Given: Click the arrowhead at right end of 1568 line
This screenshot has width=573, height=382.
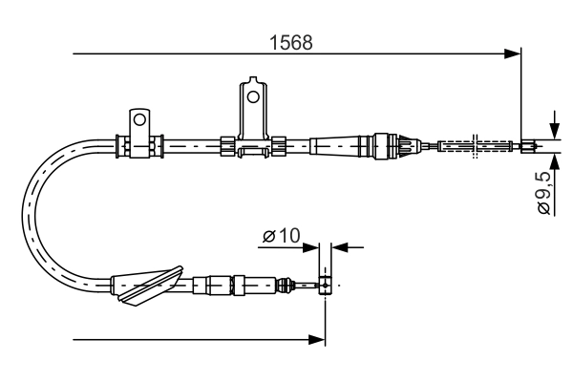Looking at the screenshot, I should click(515, 53).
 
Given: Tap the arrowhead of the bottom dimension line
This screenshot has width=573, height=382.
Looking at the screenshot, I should click(319, 338).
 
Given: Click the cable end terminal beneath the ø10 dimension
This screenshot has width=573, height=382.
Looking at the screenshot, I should click(326, 285).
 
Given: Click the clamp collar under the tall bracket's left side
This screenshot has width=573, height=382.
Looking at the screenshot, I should click(227, 146).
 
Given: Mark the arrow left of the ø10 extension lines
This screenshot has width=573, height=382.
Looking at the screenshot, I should click(313, 247).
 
